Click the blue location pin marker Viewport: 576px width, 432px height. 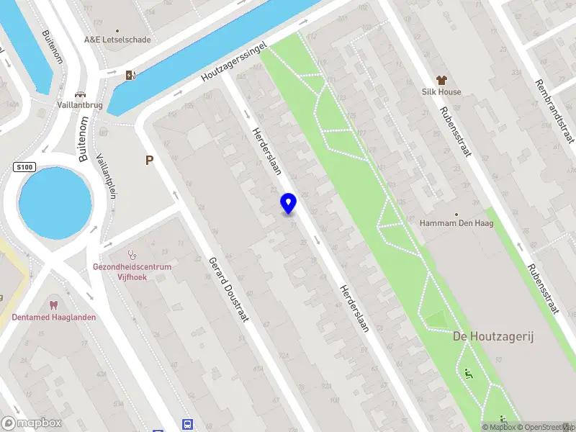tap(289, 204)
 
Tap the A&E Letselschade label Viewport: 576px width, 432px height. tap(118, 40)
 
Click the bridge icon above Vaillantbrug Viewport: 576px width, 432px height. tap(80, 94)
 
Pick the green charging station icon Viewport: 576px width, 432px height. tap(130, 75)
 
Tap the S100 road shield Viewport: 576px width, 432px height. tap(24, 168)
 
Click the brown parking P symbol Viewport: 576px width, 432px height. tap(150, 161)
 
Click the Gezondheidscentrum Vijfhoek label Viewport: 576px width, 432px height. tap(132, 271)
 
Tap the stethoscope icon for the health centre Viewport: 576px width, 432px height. tap(132, 254)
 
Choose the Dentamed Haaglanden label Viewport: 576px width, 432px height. tap(54, 318)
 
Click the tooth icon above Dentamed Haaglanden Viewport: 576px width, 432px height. tap(53, 305)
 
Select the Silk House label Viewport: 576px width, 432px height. tap(441, 92)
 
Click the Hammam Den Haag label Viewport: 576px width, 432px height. tap(456, 224)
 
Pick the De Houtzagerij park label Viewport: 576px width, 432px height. tap(492, 337)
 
